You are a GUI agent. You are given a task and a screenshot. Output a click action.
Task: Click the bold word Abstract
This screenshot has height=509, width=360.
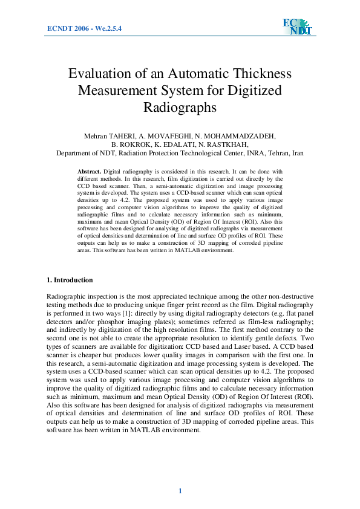point(90,173)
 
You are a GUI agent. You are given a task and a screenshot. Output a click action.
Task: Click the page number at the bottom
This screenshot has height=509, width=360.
point(180,490)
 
